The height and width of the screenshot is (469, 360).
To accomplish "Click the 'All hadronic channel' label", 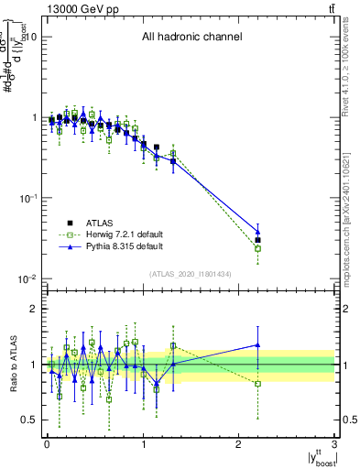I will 191,38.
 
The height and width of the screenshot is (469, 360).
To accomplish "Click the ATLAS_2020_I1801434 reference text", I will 191,274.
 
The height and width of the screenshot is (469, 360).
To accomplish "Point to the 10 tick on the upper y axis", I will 29,37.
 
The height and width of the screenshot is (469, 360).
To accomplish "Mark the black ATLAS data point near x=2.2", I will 258,240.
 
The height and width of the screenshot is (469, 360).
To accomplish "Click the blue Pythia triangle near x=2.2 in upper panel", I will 258,232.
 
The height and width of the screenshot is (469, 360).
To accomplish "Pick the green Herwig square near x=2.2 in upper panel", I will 258,248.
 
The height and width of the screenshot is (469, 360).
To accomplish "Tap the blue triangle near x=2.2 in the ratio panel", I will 258,345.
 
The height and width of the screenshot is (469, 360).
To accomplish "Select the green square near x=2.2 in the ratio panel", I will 258,384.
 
